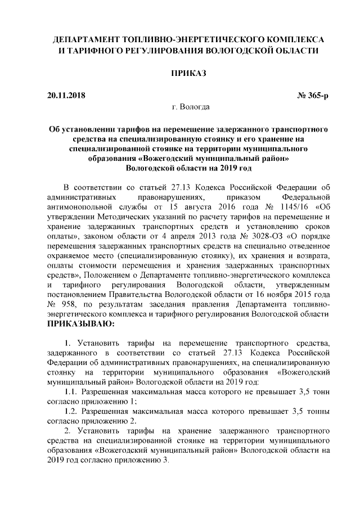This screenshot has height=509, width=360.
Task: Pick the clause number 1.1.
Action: click(x=71, y=390)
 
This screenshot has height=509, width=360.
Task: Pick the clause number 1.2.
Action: click(x=71, y=411)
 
